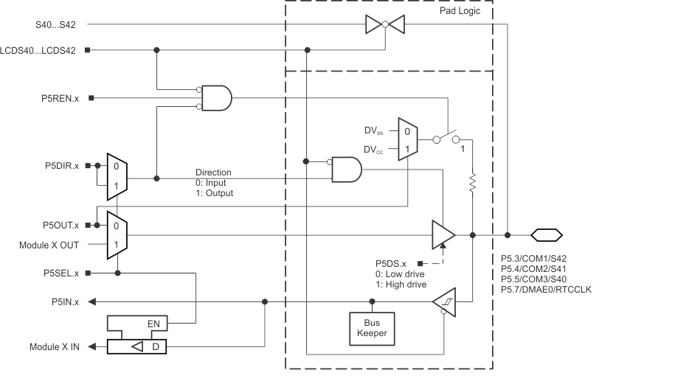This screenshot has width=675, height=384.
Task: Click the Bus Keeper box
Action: point(372,327)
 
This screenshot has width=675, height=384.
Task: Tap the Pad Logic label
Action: point(460,12)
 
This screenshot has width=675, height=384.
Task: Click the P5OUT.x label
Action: point(61,225)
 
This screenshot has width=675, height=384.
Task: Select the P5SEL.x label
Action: point(62,273)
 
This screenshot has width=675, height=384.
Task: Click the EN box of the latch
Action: point(153,323)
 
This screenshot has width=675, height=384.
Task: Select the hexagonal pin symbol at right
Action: point(546,235)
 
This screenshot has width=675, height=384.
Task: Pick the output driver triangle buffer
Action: point(443,235)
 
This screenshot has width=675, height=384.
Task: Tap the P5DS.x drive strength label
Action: point(391,262)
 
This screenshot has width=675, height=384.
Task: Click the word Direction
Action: point(213,172)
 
